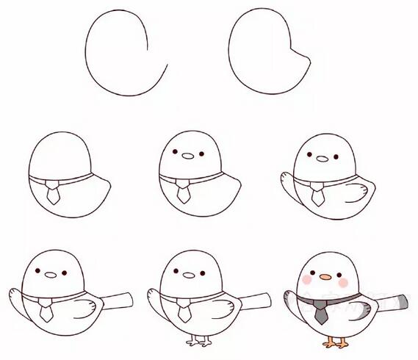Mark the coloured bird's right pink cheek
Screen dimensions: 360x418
click(x=342, y=281)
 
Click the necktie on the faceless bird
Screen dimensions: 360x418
click(x=53, y=195)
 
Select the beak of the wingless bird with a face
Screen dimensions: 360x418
click(x=189, y=156)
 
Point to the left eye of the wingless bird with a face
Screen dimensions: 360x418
click(x=177, y=153)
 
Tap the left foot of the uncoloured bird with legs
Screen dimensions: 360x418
click(x=194, y=342)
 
